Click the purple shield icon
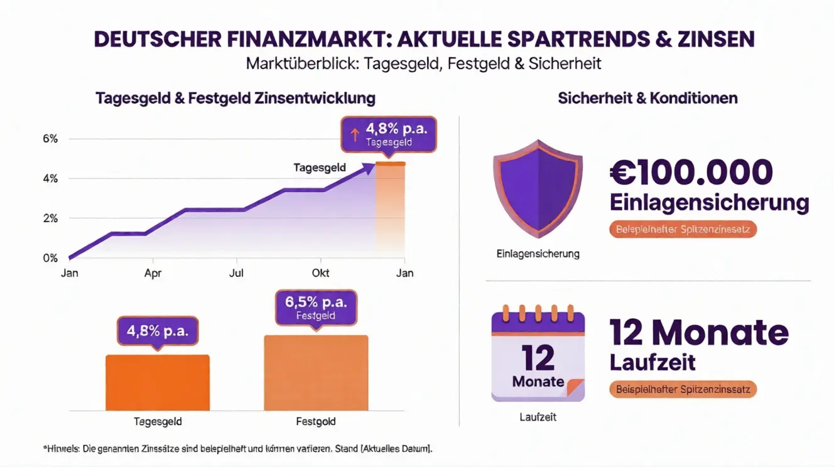[538, 188]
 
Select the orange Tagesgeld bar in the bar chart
[157, 382]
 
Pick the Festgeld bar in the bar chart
[316, 373]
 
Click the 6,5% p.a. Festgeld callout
[316, 308]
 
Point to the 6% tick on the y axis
[50, 139]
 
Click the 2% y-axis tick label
[50, 218]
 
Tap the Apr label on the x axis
[153, 273]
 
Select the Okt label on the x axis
[320, 273]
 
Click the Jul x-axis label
[236, 273]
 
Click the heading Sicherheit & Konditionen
[647, 99]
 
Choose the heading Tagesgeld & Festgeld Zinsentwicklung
[236, 99]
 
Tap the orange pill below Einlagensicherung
[683, 229]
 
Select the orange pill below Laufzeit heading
[683, 389]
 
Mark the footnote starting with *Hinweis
[238, 449]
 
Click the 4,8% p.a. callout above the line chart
[388, 134]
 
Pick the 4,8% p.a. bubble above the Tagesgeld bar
[158, 331]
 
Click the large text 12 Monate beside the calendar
[698, 332]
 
